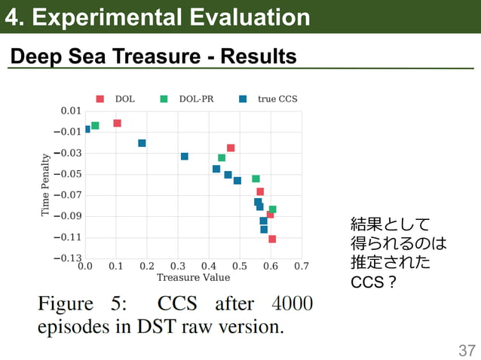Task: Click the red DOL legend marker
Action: point(100,99)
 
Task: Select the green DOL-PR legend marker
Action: point(164,99)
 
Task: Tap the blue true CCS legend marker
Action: point(243,99)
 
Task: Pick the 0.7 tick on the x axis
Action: point(302,267)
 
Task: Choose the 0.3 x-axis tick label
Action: point(178,267)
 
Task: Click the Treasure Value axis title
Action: point(193,278)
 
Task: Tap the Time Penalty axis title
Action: point(46,185)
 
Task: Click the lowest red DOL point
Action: point(272,239)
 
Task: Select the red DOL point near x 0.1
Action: point(117,123)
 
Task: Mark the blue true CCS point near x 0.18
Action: point(142,143)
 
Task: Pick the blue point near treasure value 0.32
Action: point(185,156)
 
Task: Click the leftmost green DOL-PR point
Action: point(95,126)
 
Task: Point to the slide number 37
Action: point(467,349)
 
